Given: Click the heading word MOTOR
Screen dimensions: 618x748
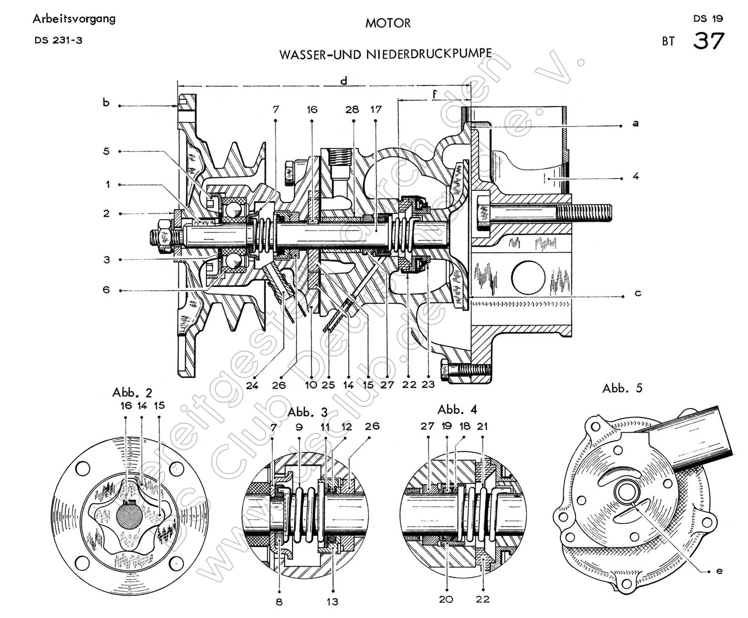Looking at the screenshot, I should pos(388,23).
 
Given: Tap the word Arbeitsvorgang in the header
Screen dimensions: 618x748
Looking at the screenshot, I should pos(74,19).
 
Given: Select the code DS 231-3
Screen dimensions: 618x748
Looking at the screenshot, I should pos(58,40).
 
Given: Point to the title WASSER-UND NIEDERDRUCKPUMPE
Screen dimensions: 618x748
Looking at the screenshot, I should pos(386,55).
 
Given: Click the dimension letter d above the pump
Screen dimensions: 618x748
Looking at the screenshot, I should pos(344,80).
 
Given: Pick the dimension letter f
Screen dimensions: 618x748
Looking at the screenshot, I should pos(434,93).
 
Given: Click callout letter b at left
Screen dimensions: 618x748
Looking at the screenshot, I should pos(106,102).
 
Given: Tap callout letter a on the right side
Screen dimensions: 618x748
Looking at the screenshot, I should pos(635,123).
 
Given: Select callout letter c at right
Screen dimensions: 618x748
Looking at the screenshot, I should pos(638,293).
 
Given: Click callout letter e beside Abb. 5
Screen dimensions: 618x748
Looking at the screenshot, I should pos(719,571).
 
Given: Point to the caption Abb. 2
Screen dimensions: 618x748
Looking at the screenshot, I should pos(132,393).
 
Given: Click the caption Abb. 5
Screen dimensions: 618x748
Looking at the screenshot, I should pos(622,388).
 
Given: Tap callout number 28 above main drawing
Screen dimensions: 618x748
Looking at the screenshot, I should pos(352,109).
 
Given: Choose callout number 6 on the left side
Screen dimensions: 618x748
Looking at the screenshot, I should pos(106,289).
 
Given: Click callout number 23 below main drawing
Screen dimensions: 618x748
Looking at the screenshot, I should pos(428,384).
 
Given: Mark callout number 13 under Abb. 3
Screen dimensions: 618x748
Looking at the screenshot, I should pos(332,602).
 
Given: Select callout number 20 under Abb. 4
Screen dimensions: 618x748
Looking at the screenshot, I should pos(446,599).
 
